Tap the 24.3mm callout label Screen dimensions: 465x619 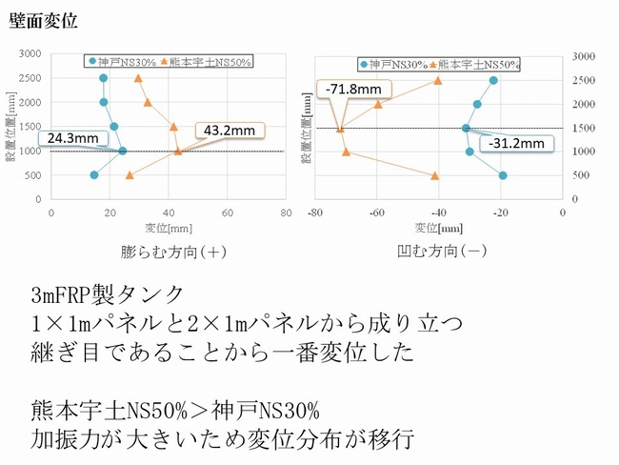71,138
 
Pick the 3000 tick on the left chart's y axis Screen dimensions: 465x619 32,54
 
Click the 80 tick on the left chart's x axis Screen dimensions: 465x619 285,213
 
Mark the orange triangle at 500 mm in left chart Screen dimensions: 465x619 130,175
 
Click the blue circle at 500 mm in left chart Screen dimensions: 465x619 93,175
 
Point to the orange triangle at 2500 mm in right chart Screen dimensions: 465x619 438,81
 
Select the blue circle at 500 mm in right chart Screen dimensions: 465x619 503,175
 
